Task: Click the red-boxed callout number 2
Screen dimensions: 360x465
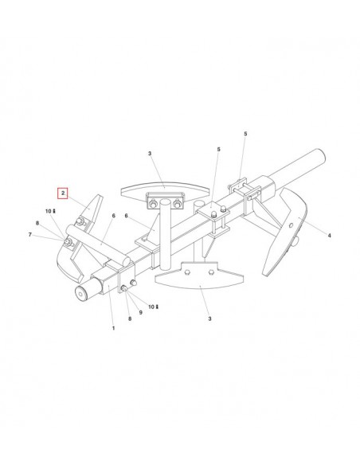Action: [63, 193]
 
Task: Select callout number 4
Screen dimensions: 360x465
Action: [329, 236]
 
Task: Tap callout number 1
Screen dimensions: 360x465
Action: [113, 328]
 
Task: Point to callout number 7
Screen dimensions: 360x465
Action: [30, 235]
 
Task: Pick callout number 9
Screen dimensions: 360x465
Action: [140, 312]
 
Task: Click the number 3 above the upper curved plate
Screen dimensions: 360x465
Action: [150, 154]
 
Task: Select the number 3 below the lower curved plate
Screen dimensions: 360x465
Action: [209, 318]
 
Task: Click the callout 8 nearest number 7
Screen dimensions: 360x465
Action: [37, 223]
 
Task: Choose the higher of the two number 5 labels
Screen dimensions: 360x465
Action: [245, 134]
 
